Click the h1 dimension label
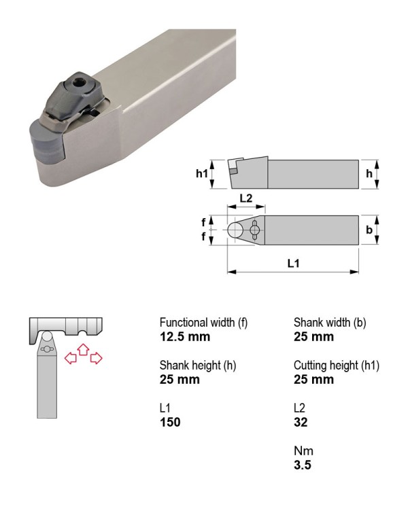pyautogui.click(x=202, y=174)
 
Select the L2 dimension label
pyautogui.click(x=246, y=198)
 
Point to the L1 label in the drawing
pyautogui.click(x=293, y=264)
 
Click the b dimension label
pyautogui.click(x=369, y=230)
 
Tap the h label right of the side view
pyautogui.click(x=369, y=174)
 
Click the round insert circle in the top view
pyautogui.click(x=235, y=230)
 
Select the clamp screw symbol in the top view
pyautogui.click(x=255, y=230)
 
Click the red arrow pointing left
pyautogui.click(x=70, y=357)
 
